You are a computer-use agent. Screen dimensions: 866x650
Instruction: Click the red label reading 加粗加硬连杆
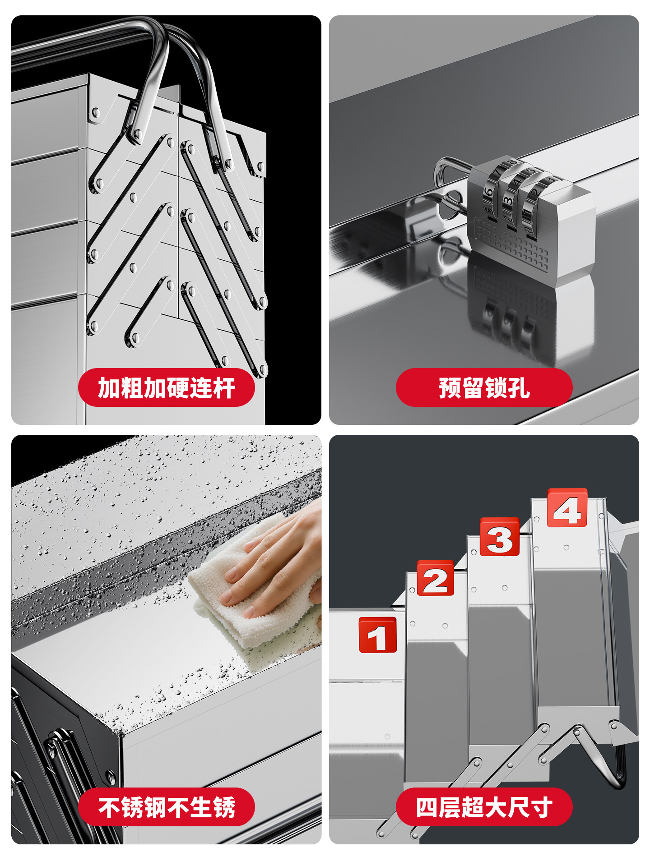[x=166, y=387]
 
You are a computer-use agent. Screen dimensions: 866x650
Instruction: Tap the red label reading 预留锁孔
[x=484, y=387]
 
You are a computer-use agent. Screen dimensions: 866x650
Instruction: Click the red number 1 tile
[x=377, y=635]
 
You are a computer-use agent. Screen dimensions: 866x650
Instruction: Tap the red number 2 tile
[x=435, y=578]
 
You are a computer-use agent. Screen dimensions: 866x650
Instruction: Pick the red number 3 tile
[x=499, y=537]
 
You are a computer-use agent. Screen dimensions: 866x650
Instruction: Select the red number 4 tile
[x=567, y=508]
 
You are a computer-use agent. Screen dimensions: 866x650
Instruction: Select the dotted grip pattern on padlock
[x=510, y=244]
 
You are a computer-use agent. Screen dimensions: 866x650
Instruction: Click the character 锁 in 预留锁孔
[x=496, y=387]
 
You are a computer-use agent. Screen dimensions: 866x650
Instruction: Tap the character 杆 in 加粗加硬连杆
[x=224, y=387]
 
